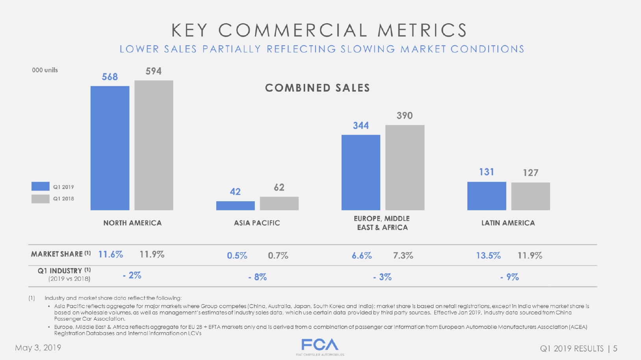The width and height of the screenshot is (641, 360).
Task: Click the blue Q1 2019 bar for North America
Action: tap(110, 148)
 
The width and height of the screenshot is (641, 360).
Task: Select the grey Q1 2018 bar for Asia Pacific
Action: tap(279, 203)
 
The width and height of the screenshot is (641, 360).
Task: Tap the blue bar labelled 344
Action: tap(361, 172)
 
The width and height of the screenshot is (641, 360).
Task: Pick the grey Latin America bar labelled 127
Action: tap(530, 196)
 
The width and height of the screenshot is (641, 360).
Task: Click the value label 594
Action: tap(154, 71)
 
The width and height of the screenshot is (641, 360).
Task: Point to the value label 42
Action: tap(235, 192)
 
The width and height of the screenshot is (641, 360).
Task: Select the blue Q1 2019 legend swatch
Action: tap(40, 186)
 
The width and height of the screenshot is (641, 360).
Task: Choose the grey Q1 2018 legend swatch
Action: tap(40, 199)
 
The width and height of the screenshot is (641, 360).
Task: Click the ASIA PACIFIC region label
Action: tap(257, 223)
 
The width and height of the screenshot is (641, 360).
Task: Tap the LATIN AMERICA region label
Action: tap(508, 223)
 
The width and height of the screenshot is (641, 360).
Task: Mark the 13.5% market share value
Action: tap(488, 256)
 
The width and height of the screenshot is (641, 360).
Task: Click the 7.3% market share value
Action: tap(403, 256)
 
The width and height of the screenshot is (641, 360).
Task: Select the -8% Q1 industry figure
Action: tap(258, 277)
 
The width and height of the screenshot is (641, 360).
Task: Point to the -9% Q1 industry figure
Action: tap(509, 277)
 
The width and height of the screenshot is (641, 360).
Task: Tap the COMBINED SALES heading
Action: tap(317, 88)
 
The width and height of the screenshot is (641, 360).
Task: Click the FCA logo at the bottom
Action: tap(320, 345)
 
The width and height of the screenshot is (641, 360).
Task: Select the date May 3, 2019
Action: tap(38, 347)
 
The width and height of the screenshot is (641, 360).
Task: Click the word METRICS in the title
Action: tap(422, 30)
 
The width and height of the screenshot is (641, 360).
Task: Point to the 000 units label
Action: tap(45, 70)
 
